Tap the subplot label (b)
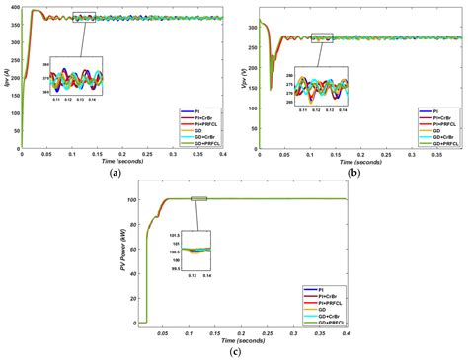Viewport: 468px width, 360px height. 352,173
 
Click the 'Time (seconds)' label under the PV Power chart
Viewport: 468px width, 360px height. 242,340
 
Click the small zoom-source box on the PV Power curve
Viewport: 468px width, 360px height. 199,199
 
